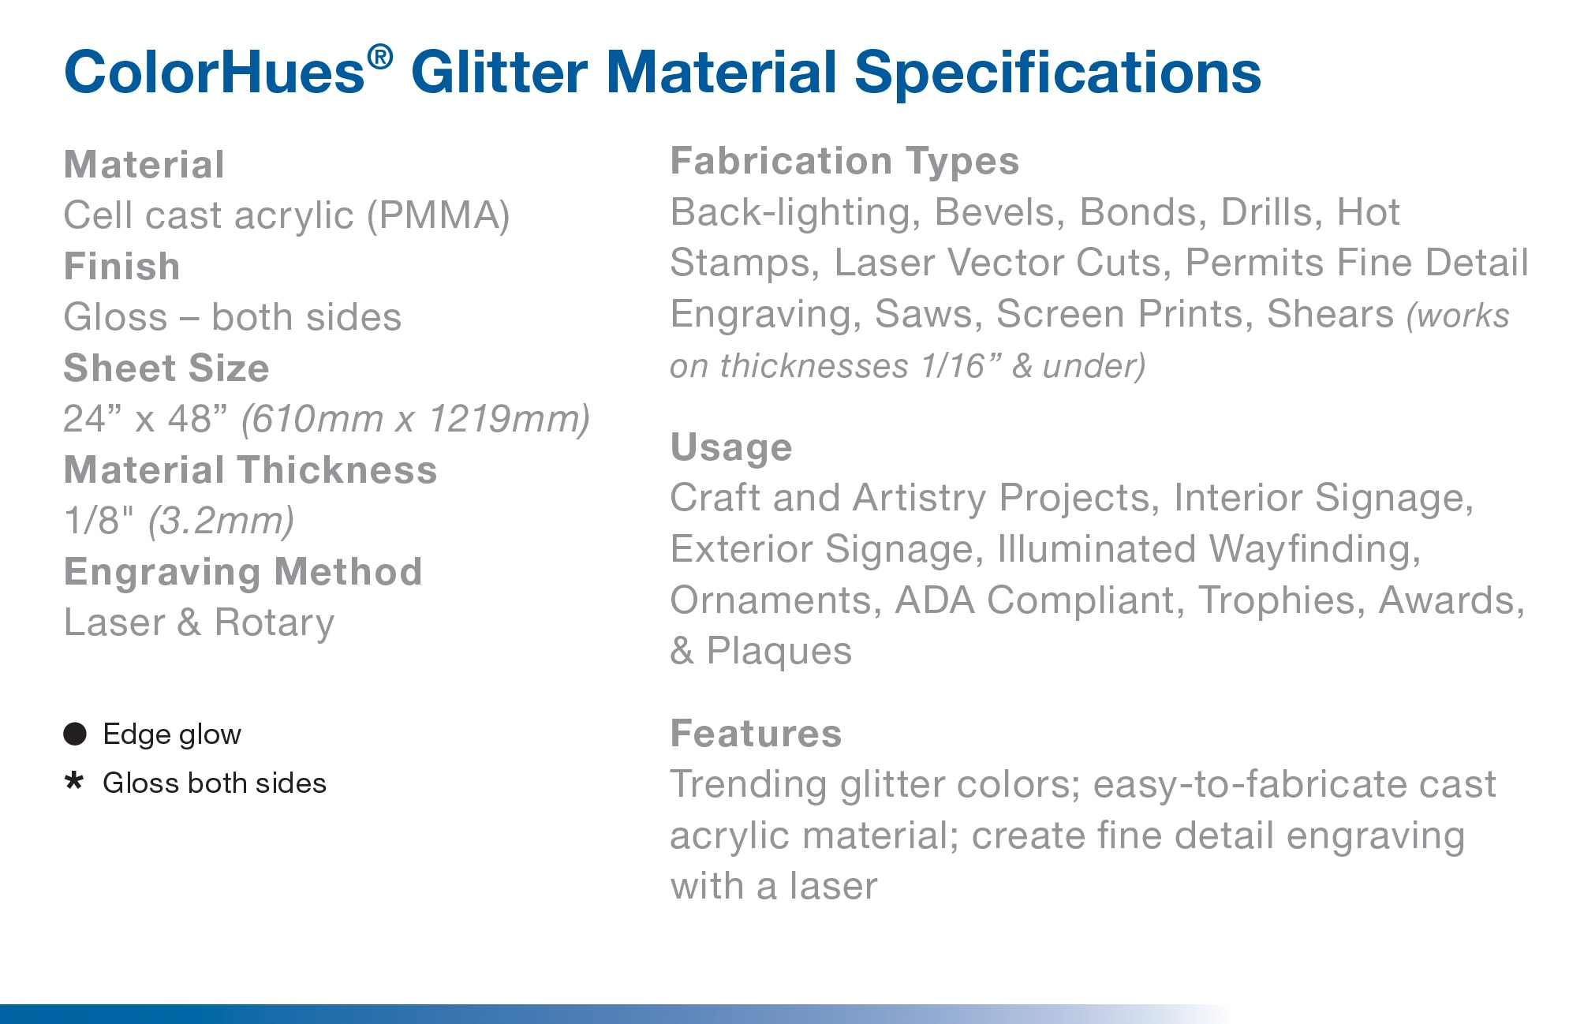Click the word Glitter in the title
click(499, 73)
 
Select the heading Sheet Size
click(166, 368)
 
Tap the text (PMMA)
click(439, 215)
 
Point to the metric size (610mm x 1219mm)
click(416, 419)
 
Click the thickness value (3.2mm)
click(221, 521)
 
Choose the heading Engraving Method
click(243, 572)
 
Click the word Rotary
click(275, 622)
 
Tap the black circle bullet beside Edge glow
click(75, 734)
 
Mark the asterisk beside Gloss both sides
click(74, 781)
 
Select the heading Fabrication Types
click(845, 161)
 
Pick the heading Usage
click(731, 447)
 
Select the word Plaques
click(779, 652)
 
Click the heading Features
click(756, 734)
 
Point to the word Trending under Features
click(749, 785)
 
